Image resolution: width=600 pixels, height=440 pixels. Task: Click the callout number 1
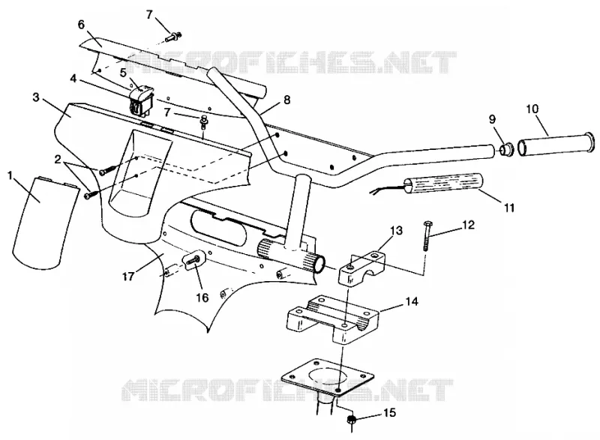[x=10, y=176]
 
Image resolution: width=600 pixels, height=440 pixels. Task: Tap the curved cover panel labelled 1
[x=43, y=223]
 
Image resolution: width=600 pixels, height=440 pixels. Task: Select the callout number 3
[x=36, y=97]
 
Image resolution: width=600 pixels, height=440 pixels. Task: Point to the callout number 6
[x=81, y=25]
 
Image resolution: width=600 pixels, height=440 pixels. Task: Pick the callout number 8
[x=287, y=100]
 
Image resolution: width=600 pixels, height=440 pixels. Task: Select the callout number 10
[x=532, y=109]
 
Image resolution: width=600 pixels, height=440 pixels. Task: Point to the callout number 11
[x=509, y=208]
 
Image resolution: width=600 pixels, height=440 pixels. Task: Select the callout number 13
[x=397, y=231]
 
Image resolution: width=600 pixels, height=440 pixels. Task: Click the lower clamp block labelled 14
[x=332, y=320]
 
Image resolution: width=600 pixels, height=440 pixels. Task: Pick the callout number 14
[x=411, y=301]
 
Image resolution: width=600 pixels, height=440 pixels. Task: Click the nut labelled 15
[x=351, y=420]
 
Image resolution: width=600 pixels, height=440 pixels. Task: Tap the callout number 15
[x=389, y=413]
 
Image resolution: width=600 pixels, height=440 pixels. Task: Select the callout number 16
[x=202, y=297]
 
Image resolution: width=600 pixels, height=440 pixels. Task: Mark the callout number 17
[x=128, y=276]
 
